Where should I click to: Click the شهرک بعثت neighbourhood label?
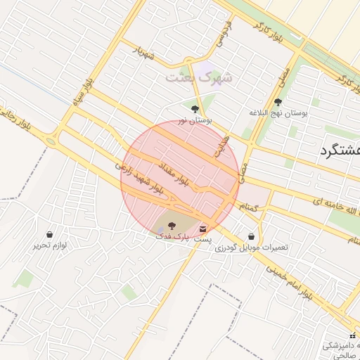coord(199,77)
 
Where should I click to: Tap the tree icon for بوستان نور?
coord(195,109)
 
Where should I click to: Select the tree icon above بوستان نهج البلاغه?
coord(278,102)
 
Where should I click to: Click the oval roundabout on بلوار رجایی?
coord(51,141)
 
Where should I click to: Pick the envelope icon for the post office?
coord(203,229)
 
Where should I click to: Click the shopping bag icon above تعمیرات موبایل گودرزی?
coord(252,236)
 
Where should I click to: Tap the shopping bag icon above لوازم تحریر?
coord(49,234)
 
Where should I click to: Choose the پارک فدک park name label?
coord(172,237)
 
